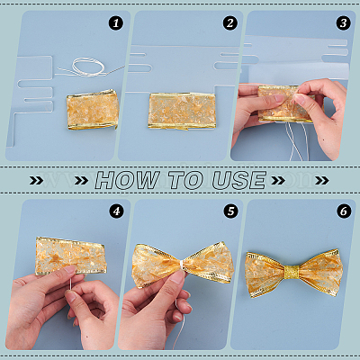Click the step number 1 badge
[116, 23]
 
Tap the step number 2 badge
[230, 23]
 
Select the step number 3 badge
[344, 23]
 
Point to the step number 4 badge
[116, 211]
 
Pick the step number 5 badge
[230, 211]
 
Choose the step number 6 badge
[344, 211]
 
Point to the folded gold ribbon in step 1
[93, 110]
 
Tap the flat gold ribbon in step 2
[182, 111]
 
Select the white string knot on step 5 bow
[182, 265]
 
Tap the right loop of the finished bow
[322, 273]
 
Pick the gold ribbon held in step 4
[70, 256]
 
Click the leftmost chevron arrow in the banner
[36, 180]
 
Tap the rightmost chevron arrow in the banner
[322, 180]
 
